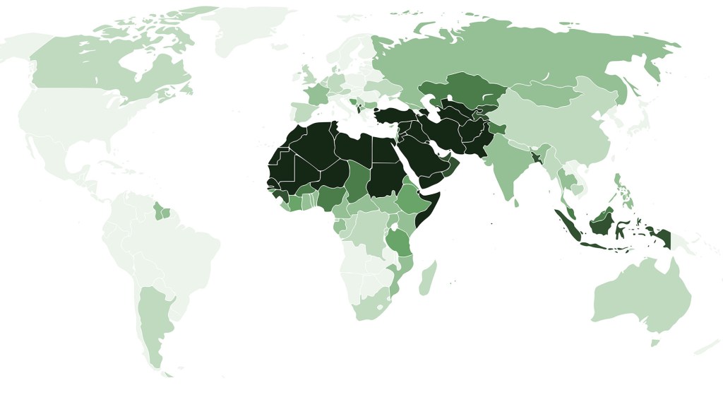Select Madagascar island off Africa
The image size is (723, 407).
coord(428,278)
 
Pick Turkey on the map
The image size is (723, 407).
coord(395,116)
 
